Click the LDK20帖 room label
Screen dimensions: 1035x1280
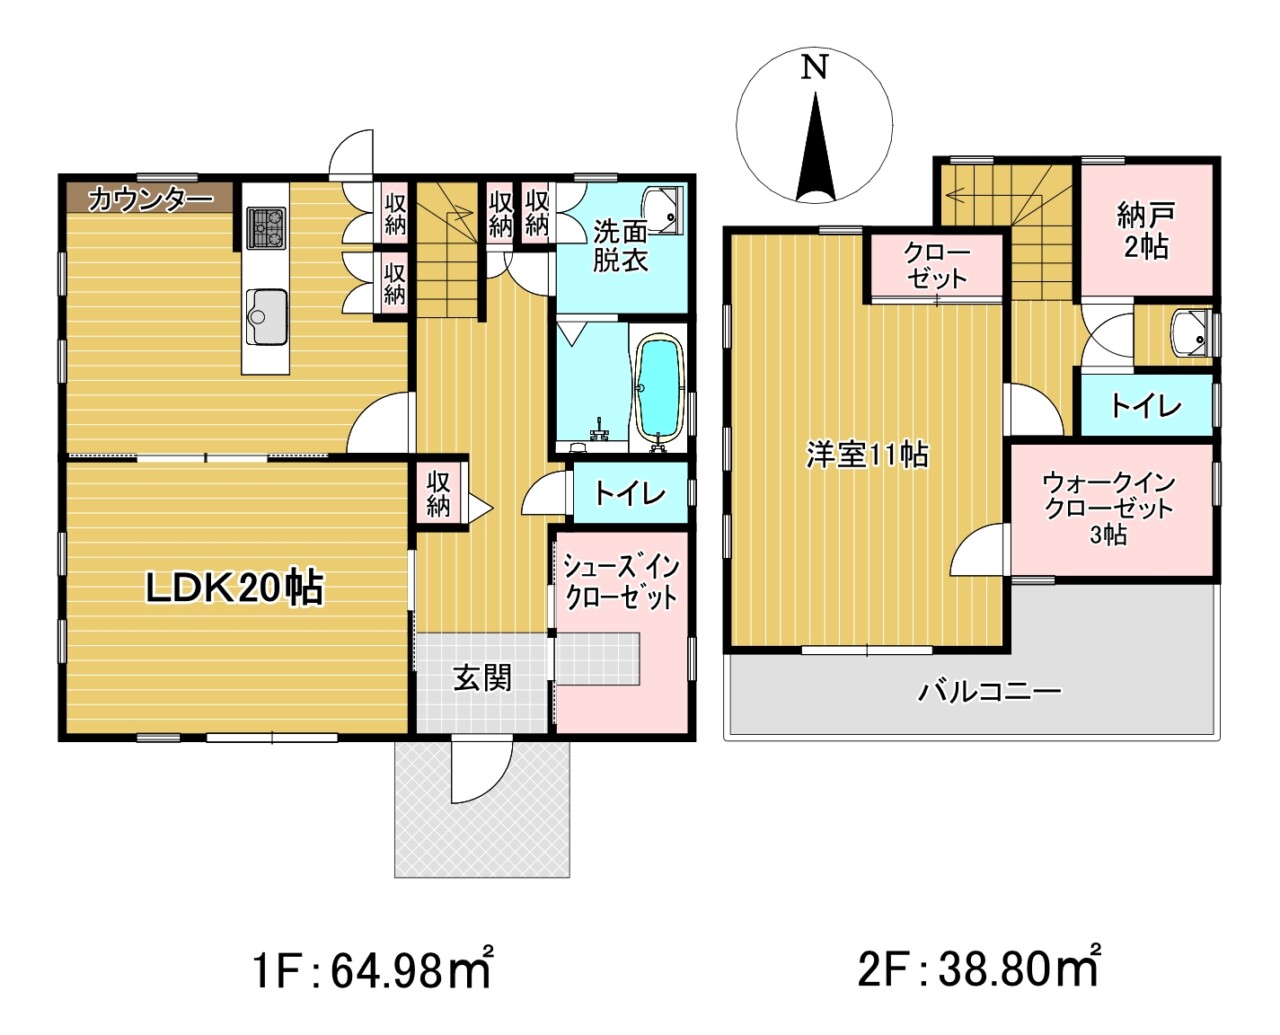235,589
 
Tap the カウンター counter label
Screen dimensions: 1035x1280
150,199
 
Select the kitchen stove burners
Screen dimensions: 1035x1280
266,228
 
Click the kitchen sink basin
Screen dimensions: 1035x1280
265,316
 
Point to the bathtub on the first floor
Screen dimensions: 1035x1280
658,389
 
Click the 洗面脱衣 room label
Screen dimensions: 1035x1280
620,246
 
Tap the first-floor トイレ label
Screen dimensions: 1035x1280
630,493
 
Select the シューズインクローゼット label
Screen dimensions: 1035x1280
620,582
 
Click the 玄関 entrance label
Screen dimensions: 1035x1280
483,678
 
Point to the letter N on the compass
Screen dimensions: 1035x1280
816,68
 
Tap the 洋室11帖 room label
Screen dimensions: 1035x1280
867,456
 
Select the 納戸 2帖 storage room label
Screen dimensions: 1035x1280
1146,230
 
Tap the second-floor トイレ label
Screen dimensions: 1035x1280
1145,406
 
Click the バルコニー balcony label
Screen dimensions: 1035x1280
989,691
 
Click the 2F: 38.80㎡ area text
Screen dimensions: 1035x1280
979,968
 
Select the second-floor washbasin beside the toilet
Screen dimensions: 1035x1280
1191,332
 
